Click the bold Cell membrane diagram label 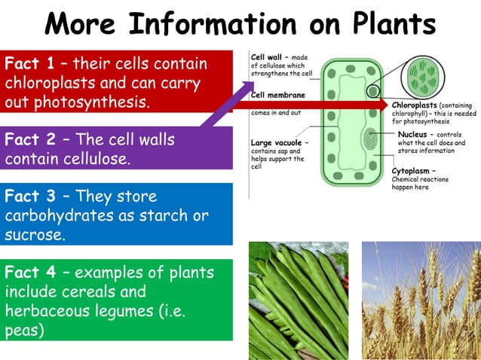click(278, 96)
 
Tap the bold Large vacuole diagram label click(277, 142)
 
